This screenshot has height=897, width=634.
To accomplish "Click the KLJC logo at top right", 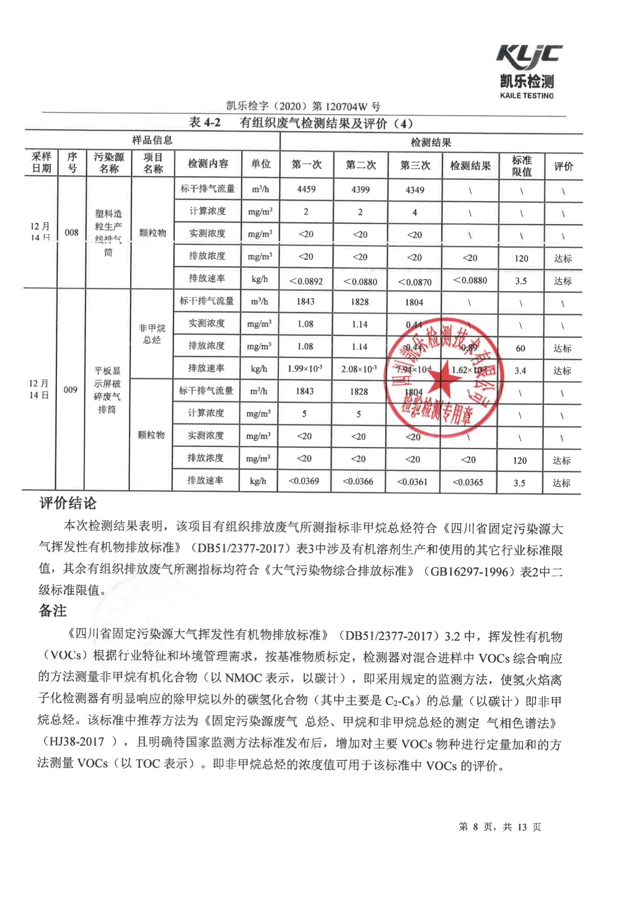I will click(x=529, y=57).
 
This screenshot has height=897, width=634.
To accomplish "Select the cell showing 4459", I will click(x=306, y=189).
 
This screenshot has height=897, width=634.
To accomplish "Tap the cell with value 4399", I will click(x=361, y=190).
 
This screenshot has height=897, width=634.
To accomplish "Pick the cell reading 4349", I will click(x=414, y=190).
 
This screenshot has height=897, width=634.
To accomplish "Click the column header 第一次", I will click(x=306, y=164).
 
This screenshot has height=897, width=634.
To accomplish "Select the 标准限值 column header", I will click(x=522, y=166).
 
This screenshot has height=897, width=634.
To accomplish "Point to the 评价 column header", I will click(x=563, y=166).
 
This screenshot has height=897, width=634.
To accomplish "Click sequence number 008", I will click(x=71, y=233).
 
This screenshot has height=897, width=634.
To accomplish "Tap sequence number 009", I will click(x=70, y=390).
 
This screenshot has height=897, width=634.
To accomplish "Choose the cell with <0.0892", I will click(x=306, y=281).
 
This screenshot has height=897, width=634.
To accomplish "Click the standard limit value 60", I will click(x=521, y=348).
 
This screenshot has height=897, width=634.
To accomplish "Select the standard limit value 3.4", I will click(x=520, y=371).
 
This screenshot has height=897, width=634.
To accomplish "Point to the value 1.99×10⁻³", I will click(x=305, y=369).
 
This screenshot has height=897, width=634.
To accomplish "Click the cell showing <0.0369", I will click(x=304, y=481).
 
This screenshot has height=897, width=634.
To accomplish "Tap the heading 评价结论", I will click(x=68, y=503).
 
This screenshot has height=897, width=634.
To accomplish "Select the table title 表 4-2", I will click(x=205, y=123).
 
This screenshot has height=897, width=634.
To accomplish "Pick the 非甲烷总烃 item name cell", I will click(x=152, y=334).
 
